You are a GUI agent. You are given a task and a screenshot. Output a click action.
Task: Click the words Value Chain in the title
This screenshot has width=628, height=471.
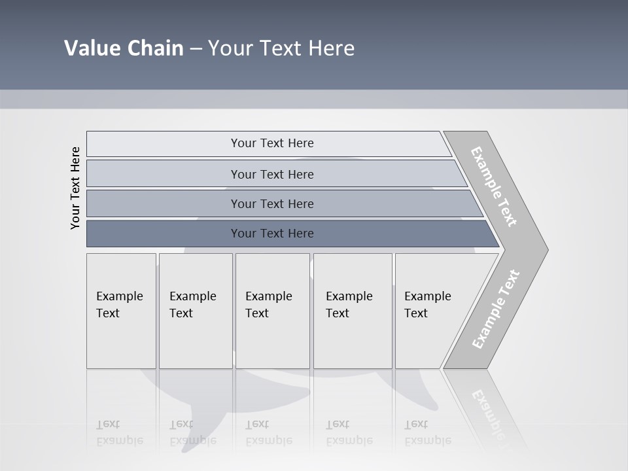point(124,48)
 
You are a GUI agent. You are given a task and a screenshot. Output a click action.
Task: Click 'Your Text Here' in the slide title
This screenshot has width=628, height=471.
point(281,48)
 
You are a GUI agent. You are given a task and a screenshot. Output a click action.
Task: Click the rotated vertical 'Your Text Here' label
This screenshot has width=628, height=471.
point(75,188)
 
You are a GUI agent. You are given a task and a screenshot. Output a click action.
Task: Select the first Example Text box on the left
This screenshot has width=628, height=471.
point(121,311)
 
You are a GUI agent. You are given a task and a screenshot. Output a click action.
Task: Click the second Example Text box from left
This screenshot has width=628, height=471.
point(195,311)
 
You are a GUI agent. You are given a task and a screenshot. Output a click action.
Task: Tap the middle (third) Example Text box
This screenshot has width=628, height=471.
point(272,311)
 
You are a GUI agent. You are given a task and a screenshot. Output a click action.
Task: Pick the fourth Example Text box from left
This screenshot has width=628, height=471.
point(352,311)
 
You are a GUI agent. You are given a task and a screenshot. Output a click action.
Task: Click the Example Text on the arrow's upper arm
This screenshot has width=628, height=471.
point(494,187)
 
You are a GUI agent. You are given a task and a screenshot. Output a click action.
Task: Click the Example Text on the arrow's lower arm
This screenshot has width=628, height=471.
point(496,309)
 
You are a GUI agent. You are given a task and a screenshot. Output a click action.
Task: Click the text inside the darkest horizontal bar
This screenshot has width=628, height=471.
point(272,234)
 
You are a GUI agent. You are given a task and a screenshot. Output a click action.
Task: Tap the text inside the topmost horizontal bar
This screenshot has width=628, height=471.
point(272,143)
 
